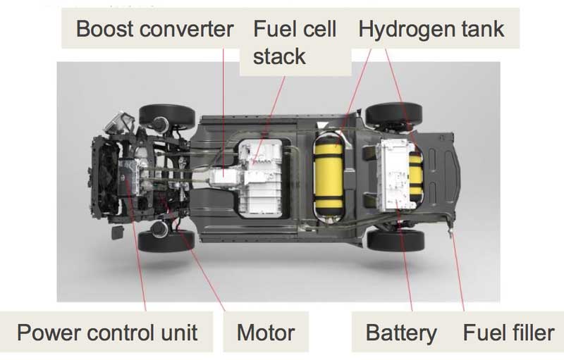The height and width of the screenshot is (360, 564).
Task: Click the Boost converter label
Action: pos(154,29)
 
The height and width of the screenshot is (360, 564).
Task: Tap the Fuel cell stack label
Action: pos(295,42)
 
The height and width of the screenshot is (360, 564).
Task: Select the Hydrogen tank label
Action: pos(431,29)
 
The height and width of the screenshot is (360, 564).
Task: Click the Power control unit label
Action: pos(107,333)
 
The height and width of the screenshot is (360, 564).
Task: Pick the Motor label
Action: pos(266,333)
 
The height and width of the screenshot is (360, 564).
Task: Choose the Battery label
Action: pos(401,333)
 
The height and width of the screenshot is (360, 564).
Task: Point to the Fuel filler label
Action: pos(508,333)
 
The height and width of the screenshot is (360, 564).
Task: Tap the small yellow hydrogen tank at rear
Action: pos(415,176)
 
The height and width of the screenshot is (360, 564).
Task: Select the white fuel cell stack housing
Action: pos(263,178)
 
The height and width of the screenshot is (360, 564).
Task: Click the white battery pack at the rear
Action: pos(396,175)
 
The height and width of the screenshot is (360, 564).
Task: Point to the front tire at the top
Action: pos(166,116)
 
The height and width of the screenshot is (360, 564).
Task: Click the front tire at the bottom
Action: pos(166,240)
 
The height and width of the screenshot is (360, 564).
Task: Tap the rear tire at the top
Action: pos(393,114)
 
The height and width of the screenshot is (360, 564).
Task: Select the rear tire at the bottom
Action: pos(396,240)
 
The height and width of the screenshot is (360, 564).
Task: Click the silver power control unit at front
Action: pos(128,178)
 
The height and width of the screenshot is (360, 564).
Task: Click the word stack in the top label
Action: pos(279,57)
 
